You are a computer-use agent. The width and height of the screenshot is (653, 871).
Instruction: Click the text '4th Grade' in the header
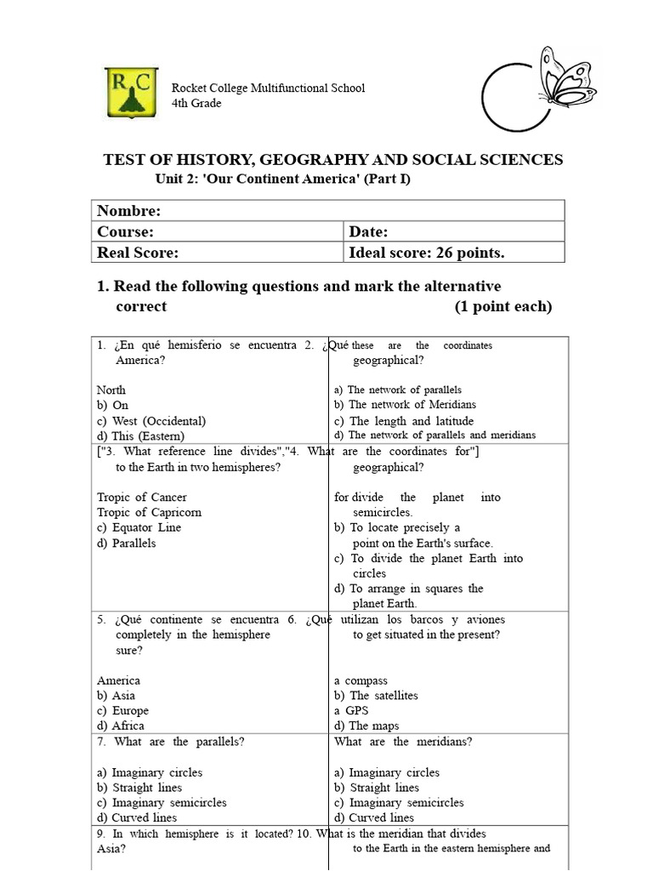pyautogui.click(x=196, y=103)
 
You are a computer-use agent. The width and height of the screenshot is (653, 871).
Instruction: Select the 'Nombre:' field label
pyautogui.click(x=128, y=211)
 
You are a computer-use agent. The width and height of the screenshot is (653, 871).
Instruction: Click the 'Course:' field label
pyautogui.click(x=125, y=231)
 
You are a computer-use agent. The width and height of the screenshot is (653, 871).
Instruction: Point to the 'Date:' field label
pyautogui.click(x=368, y=231)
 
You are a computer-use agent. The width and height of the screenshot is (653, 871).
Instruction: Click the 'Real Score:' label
pyautogui.click(x=138, y=253)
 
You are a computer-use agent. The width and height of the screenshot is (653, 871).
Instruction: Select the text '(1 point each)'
pyautogui.click(x=503, y=306)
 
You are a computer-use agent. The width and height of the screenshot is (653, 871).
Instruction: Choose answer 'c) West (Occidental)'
pyautogui.click(x=151, y=421)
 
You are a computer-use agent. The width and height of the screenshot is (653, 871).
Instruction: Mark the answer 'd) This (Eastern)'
pyautogui.click(x=140, y=435)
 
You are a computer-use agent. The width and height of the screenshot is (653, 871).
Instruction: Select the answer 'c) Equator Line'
pyautogui.click(x=139, y=527)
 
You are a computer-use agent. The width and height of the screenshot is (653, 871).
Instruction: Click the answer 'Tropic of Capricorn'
pyautogui.click(x=149, y=512)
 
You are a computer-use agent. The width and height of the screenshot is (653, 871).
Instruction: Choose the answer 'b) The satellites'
pyautogui.click(x=376, y=696)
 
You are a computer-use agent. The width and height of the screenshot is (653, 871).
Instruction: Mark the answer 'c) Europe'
pyautogui.click(x=122, y=710)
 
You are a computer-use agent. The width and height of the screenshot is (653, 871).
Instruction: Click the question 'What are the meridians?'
pyautogui.click(x=403, y=742)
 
